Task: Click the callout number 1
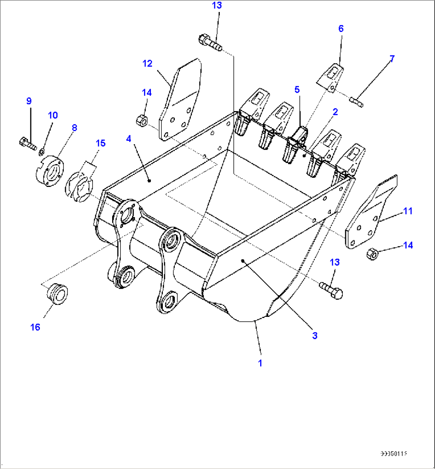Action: [260, 363]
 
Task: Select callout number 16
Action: [35, 327]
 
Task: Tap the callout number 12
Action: [148, 64]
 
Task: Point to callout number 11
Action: [407, 211]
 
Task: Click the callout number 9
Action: [29, 101]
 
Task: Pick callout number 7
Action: [392, 59]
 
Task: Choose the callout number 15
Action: [101, 143]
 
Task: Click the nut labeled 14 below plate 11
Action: [372, 253]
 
